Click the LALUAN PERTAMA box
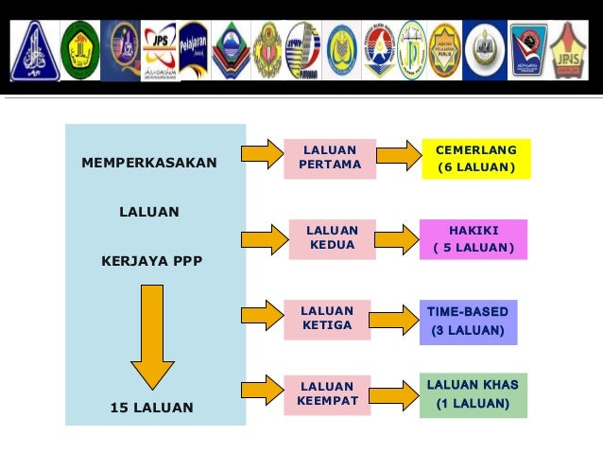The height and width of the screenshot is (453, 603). coord(330,158)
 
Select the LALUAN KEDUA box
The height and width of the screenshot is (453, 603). coord(332,238)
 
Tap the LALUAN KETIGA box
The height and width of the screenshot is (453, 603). coord(327,319)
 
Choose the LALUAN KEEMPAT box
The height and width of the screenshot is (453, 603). coord(327,394)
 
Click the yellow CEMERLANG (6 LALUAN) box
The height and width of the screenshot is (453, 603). coord(476,159)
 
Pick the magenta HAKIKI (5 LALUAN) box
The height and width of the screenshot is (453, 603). coord(474,239)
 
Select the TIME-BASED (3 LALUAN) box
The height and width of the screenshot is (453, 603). coord(468,322)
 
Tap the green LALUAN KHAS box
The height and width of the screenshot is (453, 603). coord(473,394)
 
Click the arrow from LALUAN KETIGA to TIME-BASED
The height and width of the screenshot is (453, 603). coord(393,319)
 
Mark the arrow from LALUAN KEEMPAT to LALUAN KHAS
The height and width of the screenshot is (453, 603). coord(395,394)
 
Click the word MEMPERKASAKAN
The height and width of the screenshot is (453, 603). coord(149,163)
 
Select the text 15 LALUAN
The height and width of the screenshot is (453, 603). coord(151,408)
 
